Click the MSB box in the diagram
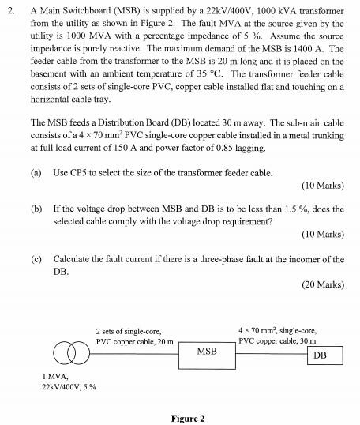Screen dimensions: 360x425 tap(206, 350)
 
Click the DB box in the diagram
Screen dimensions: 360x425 tap(320, 355)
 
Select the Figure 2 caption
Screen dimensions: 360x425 tap(188, 418)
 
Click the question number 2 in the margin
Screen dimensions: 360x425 tap(9, 13)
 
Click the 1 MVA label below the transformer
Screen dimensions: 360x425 tap(54, 376)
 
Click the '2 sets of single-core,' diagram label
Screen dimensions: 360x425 tap(129, 331)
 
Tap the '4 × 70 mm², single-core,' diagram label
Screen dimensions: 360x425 tap(277, 329)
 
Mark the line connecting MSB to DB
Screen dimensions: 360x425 tap(265, 348)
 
